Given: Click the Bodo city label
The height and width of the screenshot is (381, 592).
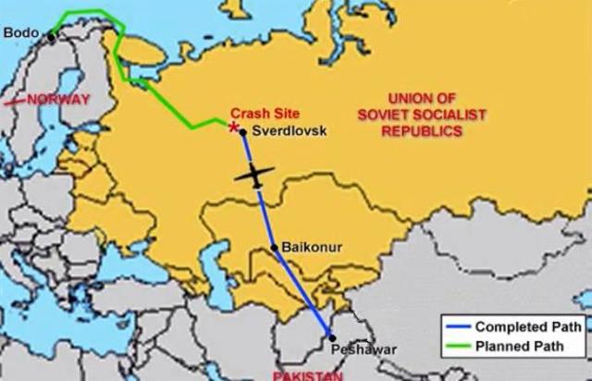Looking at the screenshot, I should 20,32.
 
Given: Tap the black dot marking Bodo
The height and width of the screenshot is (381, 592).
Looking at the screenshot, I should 51,34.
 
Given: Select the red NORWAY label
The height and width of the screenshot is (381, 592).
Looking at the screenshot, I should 59,99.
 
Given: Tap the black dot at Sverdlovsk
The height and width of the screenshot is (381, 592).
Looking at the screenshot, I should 243,132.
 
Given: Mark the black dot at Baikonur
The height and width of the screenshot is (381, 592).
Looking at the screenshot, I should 275,247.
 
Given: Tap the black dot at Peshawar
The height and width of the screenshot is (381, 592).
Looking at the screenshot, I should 332,338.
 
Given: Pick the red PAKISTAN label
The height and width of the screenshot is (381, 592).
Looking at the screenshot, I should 307,375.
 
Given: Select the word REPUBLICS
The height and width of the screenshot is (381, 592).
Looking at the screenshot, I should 425,131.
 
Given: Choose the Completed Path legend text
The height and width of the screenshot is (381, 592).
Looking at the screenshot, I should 527,326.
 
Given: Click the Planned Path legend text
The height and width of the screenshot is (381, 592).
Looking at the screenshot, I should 522,348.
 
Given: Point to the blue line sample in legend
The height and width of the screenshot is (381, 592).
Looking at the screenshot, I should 456,326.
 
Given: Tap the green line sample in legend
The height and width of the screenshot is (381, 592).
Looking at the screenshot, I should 456,348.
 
